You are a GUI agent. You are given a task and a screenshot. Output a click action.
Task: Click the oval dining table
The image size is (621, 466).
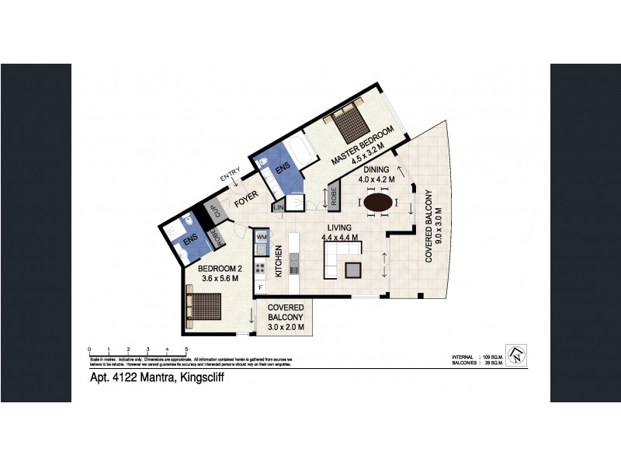379,203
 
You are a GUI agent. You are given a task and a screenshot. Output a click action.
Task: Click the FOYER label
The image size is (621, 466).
247,196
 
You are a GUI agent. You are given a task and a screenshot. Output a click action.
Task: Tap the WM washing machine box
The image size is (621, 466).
262,236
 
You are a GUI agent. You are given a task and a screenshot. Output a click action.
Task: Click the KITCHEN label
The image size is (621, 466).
278,263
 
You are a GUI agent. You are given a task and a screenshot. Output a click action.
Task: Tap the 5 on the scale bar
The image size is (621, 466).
186,349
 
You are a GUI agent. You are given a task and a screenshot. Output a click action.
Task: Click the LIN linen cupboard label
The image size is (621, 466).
277,208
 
